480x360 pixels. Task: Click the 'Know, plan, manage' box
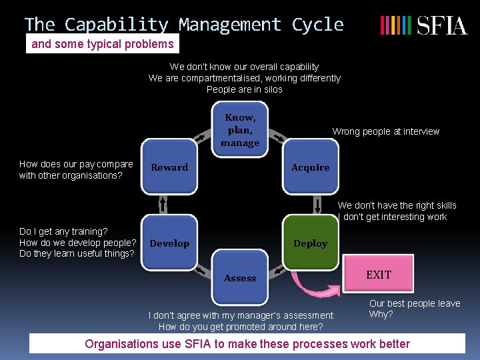click(240, 129)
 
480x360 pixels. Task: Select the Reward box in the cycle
click(169, 167)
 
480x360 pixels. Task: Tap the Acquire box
click(310, 167)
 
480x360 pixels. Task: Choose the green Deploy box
click(310, 243)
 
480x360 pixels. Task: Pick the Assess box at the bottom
click(240, 278)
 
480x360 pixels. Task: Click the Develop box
click(169, 243)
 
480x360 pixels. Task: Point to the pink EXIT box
click(378, 275)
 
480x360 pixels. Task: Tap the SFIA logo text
click(442, 26)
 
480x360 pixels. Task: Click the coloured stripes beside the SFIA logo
click(395, 26)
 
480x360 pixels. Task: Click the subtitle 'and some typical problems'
click(103, 45)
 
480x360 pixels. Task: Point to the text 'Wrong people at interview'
click(386, 131)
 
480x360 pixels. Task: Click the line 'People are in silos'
click(244, 89)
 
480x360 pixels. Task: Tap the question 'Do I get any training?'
click(63, 231)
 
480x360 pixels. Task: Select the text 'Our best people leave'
click(415, 303)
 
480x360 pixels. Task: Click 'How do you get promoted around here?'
click(241, 327)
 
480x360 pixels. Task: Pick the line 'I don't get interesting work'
click(393, 217)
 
